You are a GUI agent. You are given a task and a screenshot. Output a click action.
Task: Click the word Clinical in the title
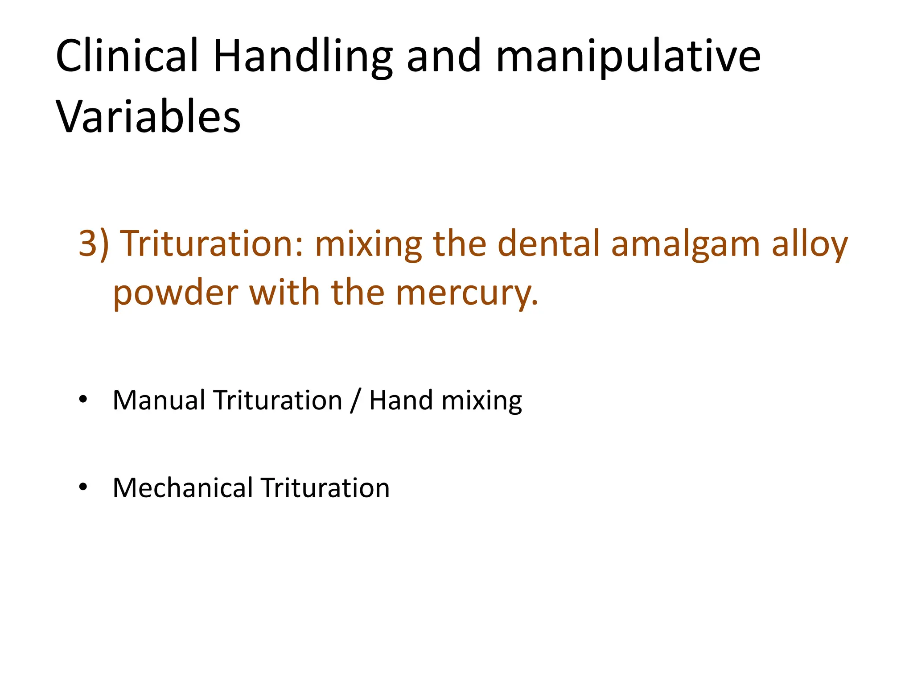point(127,56)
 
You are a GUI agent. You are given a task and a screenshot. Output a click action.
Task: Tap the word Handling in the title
point(303,57)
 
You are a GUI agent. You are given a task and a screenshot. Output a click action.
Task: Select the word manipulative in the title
point(628,57)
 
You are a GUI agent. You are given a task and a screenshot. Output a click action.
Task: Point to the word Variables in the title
point(148,117)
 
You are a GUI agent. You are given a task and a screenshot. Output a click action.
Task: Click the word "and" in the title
point(444,57)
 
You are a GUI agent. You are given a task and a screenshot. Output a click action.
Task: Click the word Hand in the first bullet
point(401,400)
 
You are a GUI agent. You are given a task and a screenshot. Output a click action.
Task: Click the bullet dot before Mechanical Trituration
point(83,487)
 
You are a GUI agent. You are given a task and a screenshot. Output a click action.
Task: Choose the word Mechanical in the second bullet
point(183,487)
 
